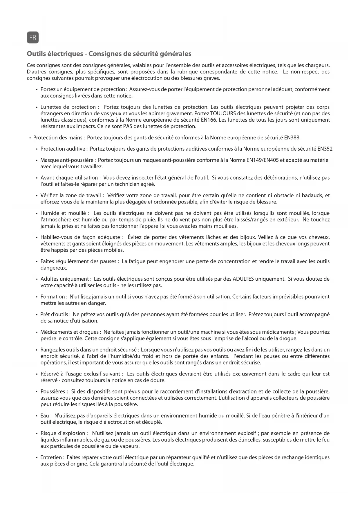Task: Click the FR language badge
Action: (33, 38)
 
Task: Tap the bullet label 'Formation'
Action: (53, 297)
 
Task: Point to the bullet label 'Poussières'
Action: (54, 392)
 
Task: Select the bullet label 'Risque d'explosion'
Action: (63, 434)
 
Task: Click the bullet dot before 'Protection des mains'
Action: (30, 138)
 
